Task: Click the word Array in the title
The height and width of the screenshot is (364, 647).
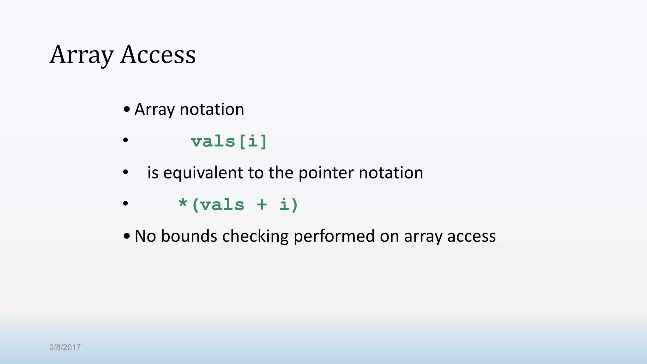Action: (x=81, y=55)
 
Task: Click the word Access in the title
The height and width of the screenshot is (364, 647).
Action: (x=158, y=55)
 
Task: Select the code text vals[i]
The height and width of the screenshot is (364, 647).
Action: (x=229, y=141)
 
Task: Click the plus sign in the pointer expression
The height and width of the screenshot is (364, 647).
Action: (x=262, y=204)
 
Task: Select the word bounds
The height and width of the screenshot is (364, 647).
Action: (x=189, y=236)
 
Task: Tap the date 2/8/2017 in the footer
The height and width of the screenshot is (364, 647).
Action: (x=65, y=347)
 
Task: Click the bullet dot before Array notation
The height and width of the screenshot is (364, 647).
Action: (x=127, y=109)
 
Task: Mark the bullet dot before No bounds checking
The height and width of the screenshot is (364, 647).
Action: (x=127, y=236)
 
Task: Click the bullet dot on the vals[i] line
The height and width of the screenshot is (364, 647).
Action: (x=125, y=140)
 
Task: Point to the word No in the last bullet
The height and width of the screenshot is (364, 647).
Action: (x=145, y=236)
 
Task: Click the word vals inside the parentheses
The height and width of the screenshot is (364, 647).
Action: (x=222, y=205)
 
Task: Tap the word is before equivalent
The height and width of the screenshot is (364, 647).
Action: (x=153, y=173)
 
